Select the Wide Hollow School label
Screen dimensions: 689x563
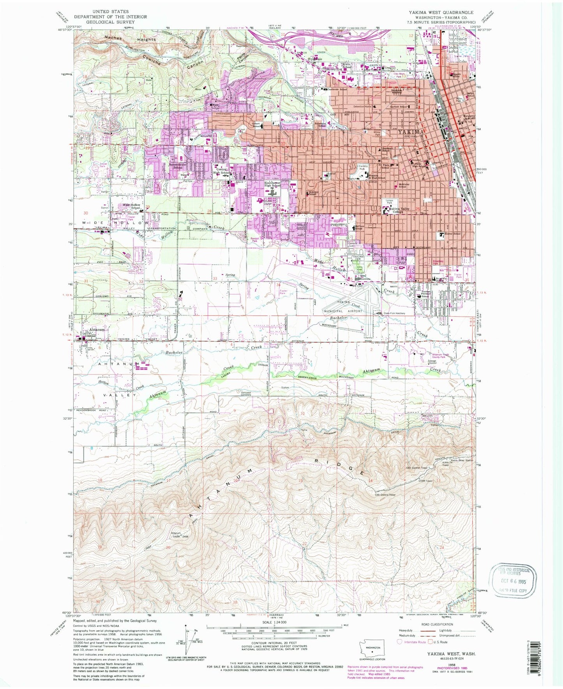pyautogui.click(x=131, y=206)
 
